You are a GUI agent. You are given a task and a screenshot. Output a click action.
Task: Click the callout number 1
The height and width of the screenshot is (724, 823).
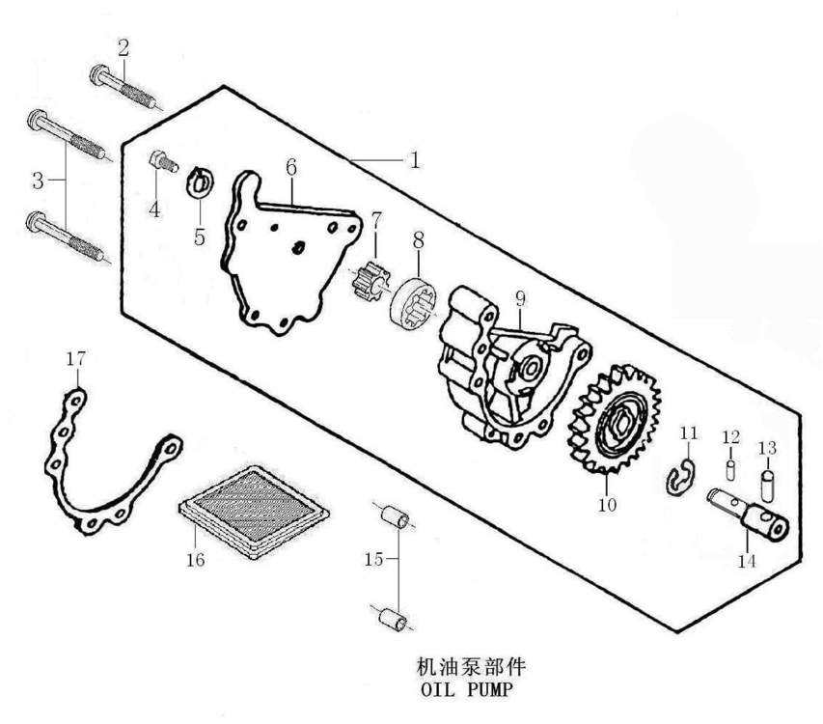click(x=415, y=160)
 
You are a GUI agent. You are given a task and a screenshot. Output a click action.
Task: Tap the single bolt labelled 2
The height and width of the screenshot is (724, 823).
click(x=123, y=87)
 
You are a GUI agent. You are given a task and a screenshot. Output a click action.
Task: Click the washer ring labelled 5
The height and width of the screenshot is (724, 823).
click(x=200, y=181)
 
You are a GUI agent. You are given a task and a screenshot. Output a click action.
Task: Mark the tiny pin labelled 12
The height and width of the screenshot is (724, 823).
click(x=730, y=469)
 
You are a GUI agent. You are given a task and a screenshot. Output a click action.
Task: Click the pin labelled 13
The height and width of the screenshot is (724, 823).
click(x=768, y=482)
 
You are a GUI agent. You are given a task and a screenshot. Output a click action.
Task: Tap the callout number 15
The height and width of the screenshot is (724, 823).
click(x=373, y=559)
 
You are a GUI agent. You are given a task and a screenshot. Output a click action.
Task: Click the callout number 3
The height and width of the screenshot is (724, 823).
click(x=38, y=181)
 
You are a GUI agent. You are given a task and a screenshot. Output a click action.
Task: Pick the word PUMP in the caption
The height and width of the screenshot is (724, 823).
click(x=488, y=689)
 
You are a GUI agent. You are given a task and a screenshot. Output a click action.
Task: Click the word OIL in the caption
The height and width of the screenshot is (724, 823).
click(x=438, y=689)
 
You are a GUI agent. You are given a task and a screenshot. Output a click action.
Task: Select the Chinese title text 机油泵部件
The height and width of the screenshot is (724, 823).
click(x=471, y=667)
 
